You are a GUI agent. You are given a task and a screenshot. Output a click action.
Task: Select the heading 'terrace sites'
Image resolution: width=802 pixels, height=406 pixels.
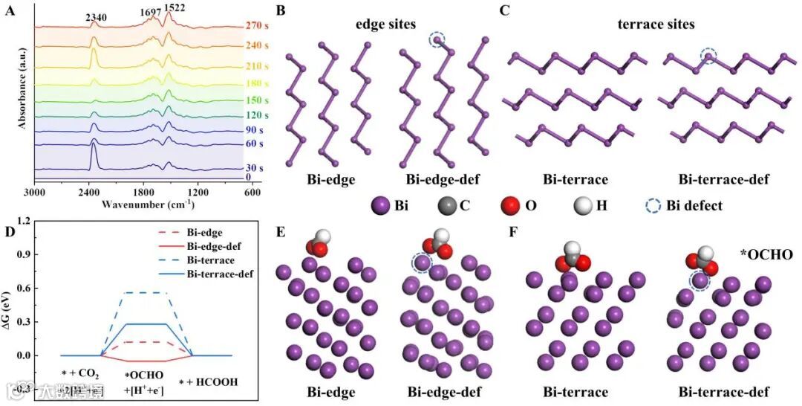(x=656, y=25)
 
